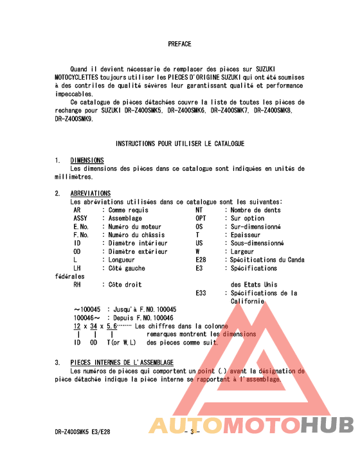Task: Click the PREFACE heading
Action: (x=179, y=44)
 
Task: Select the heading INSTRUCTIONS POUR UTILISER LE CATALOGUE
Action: (x=179, y=143)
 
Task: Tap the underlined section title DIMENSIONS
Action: (x=87, y=160)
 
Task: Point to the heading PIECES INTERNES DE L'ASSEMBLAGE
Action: (x=122, y=363)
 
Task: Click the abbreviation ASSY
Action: (x=80, y=219)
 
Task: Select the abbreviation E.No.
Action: (x=80, y=227)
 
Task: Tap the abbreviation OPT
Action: (x=201, y=219)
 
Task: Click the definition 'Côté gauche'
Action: (x=127, y=268)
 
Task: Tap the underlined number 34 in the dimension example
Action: (x=94, y=327)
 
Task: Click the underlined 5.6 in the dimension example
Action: (x=111, y=327)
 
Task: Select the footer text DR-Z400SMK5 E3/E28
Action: (x=82, y=432)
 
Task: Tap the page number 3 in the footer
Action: (x=191, y=432)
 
